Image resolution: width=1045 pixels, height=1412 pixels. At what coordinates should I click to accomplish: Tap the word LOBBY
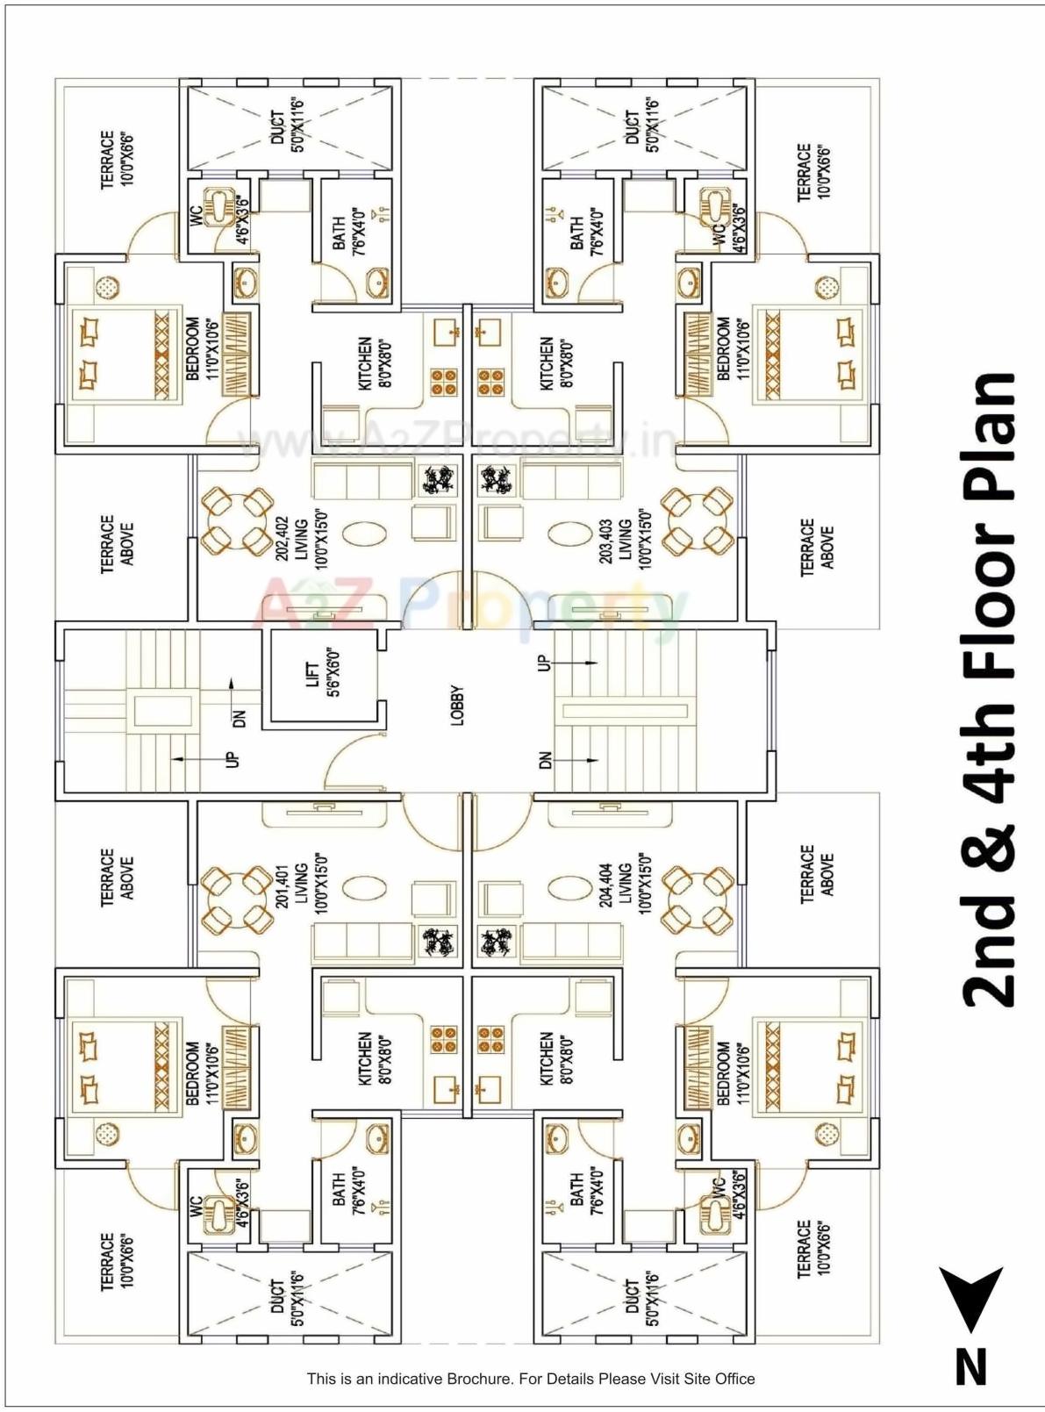(457, 706)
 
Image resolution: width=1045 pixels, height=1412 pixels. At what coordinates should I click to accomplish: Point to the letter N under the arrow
(970, 1367)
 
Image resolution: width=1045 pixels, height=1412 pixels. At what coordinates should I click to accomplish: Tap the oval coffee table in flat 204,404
(571, 887)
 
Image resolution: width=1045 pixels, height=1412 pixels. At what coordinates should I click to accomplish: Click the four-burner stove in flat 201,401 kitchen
(444, 1039)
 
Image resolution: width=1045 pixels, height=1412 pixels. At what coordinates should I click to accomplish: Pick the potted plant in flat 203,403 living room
(497, 479)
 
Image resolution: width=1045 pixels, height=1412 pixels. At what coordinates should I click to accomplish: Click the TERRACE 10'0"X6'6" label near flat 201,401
(117, 1260)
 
